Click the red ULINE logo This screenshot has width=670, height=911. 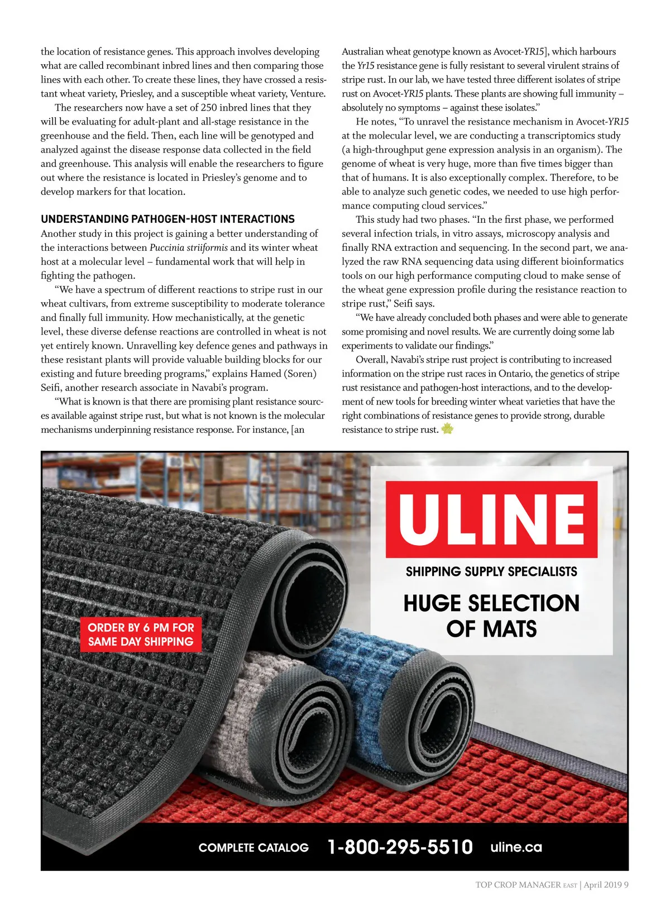pyautogui.click(x=491, y=519)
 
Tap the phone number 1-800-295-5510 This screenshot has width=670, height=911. pyautogui.click(x=400, y=847)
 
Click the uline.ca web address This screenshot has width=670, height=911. pyautogui.click(x=516, y=847)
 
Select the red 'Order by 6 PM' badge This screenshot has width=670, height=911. pyautogui.click(x=141, y=635)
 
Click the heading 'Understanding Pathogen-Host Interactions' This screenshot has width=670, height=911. pyautogui.click(x=167, y=219)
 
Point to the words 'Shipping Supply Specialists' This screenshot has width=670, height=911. pyautogui.click(x=491, y=571)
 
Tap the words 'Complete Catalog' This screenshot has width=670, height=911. pyautogui.click(x=253, y=848)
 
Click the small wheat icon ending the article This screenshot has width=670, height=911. pyautogui.click(x=447, y=429)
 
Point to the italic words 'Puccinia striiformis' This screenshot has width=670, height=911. pyautogui.click(x=188, y=247)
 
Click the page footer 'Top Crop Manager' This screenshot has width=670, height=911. pyautogui.click(x=518, y=885)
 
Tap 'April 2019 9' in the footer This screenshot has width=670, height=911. pyautogui.click(x=606, y=885)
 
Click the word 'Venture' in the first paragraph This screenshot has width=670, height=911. pyautogui.click(x=307, y=94)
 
